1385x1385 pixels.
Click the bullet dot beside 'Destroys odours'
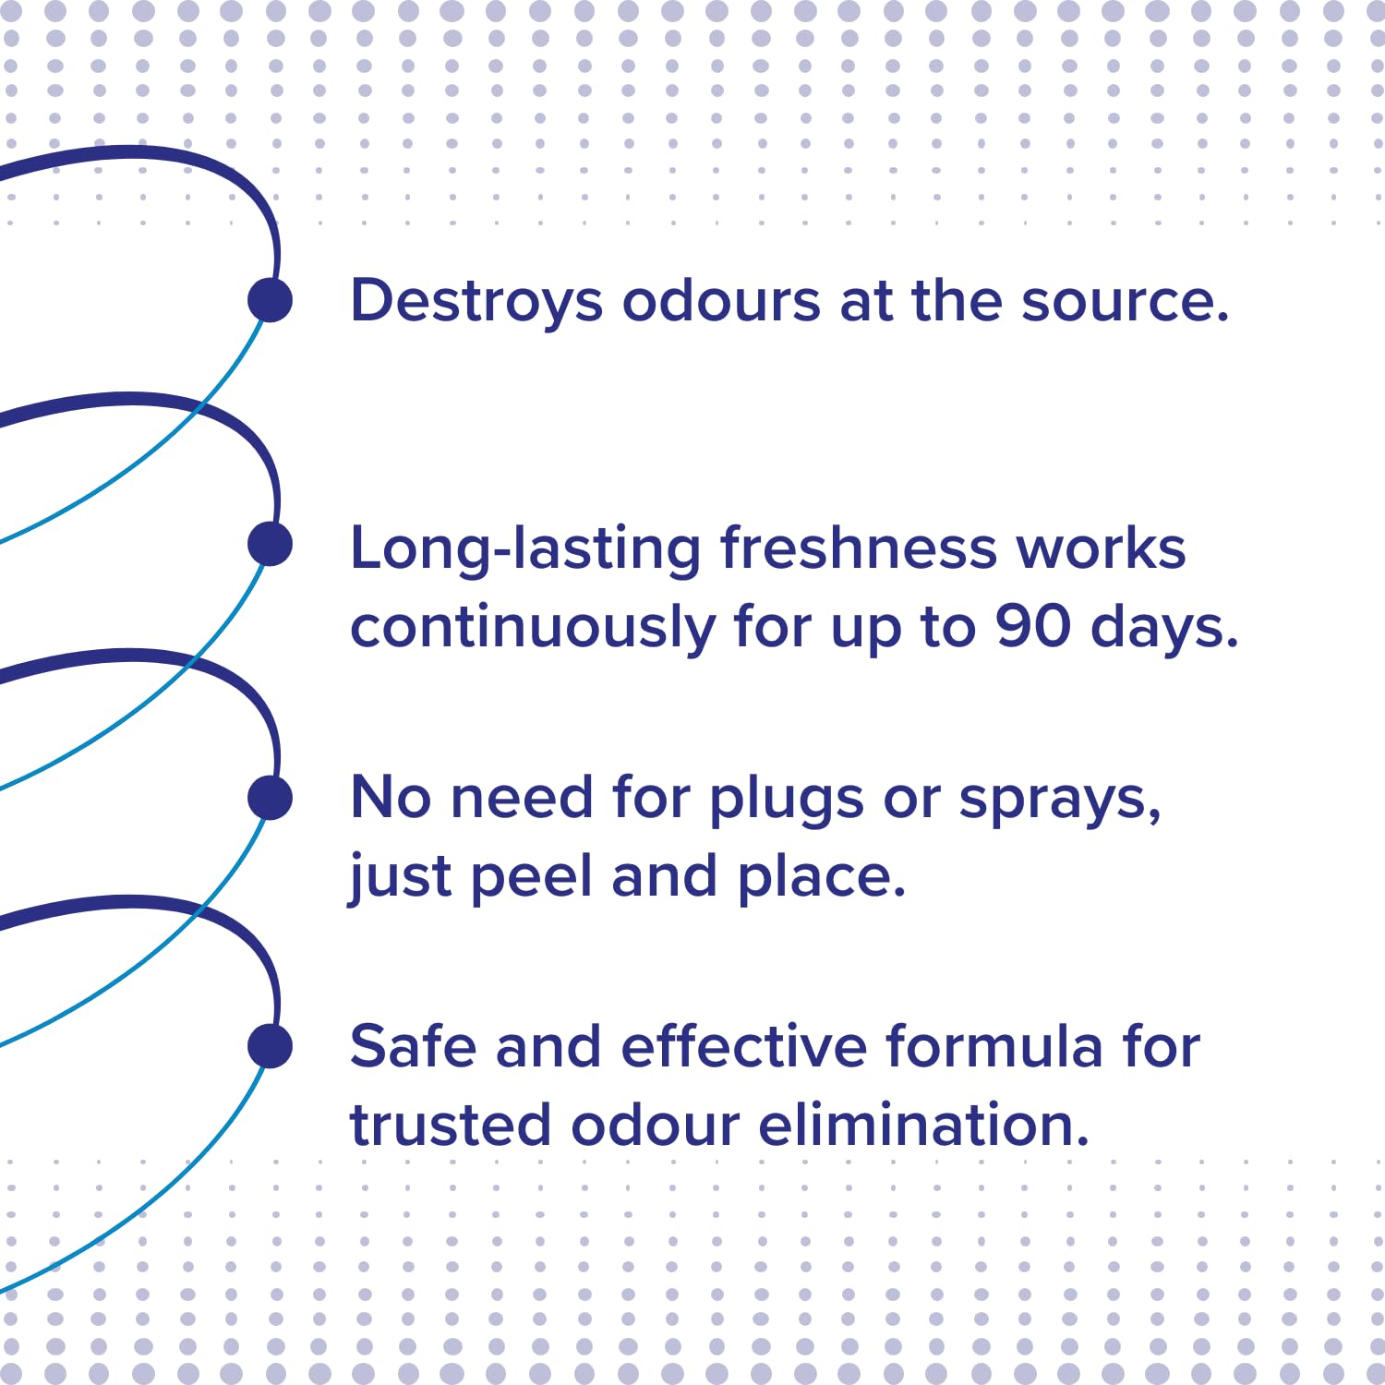[271, 300]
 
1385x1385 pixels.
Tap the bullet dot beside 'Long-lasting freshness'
[271, 544]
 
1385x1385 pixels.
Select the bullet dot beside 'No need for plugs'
[271, 798]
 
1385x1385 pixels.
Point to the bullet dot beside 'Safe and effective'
[271, 1046]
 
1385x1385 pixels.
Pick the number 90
[1033, 627]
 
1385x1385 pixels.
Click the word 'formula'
[994, 1047]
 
